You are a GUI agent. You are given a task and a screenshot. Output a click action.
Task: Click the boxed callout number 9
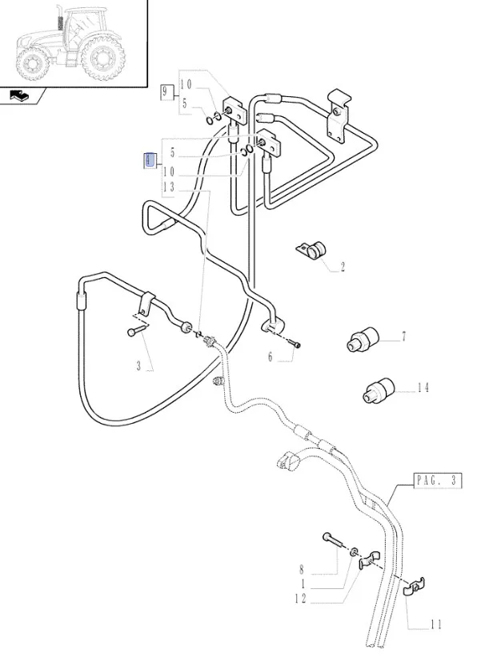(x=166, y=91)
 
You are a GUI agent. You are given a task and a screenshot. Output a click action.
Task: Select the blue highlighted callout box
(x=148, y=159)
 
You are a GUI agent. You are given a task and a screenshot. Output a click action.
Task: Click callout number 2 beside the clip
(x=343, y=268)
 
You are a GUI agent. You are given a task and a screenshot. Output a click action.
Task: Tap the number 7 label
(x=403, y=337)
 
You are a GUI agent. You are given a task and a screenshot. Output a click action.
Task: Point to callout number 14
(x=423, y=388)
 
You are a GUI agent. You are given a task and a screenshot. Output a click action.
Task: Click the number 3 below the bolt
(x=138, y=366)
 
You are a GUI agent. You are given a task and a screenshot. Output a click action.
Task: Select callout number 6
(x=271, y=357)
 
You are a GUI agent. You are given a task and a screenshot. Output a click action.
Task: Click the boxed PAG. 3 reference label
(x=438, y=480)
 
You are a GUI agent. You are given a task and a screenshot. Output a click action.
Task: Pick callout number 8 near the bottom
(x=302, y=571)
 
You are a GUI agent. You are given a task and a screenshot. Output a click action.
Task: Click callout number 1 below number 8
(x=302, y=584)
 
